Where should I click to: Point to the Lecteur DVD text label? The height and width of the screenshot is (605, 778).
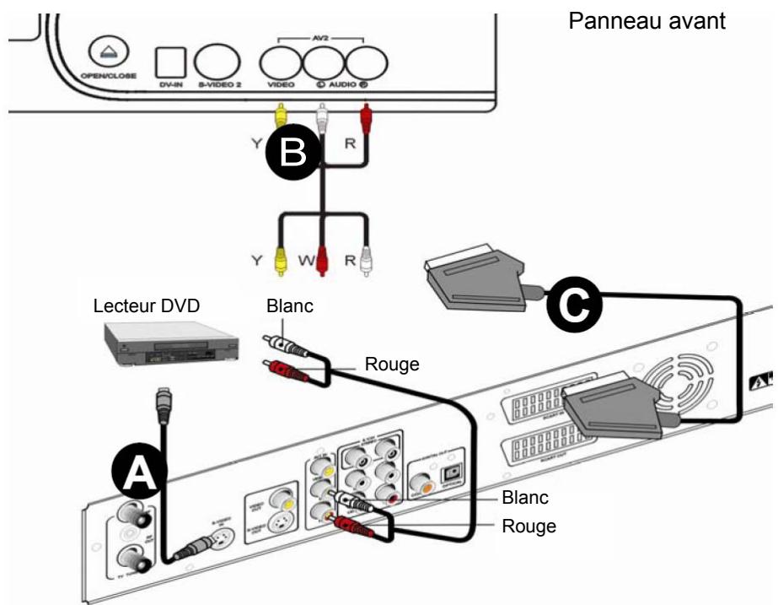click(147, 306)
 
